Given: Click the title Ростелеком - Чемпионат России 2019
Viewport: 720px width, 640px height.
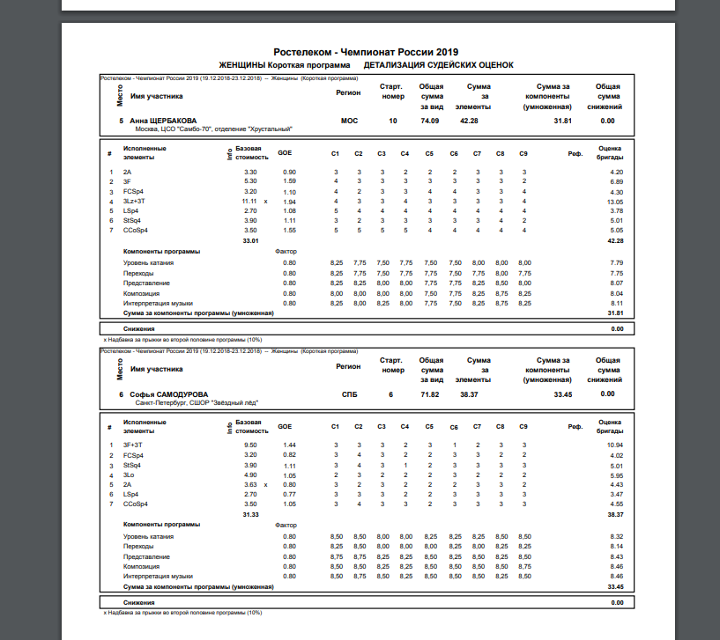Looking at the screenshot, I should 366,52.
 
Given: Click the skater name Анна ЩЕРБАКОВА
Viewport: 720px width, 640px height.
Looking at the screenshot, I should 163,121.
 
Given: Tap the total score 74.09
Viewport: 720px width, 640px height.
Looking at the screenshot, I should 430,121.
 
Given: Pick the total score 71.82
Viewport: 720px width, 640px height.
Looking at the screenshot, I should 430,394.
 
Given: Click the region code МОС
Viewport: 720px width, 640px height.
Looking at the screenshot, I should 349,121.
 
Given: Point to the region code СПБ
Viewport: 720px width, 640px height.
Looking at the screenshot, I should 349,394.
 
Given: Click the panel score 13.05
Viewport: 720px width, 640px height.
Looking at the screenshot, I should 615,202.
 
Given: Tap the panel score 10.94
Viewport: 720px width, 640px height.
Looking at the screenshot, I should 615,445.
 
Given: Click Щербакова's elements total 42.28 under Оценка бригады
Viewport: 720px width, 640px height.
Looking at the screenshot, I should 614,240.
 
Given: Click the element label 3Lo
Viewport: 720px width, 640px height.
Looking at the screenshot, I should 128,474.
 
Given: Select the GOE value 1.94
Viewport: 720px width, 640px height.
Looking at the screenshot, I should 289,202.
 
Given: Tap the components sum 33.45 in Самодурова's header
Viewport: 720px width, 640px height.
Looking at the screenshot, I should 563,394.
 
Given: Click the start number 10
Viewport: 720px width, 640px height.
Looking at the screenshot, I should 392,121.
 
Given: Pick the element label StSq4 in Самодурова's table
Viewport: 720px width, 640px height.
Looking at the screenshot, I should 132,465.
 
